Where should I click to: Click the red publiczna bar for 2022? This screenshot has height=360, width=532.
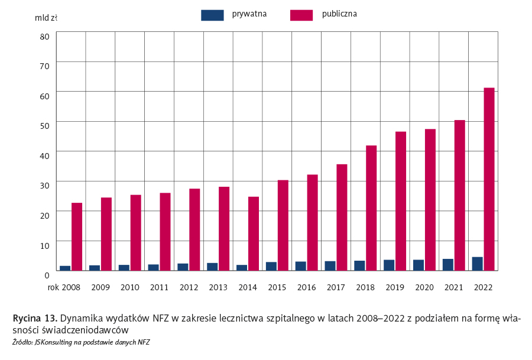pos(489,179)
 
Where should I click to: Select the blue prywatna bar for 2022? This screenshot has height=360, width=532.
pos(477,264)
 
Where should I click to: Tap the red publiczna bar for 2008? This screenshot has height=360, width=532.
pos(77,236)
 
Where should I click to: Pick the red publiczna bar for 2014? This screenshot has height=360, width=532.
pos(253,233)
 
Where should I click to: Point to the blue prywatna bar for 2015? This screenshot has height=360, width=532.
pos(271,266)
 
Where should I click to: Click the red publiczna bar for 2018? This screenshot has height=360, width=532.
pos(371,208)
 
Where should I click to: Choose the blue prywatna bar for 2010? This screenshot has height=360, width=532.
pos(124,267)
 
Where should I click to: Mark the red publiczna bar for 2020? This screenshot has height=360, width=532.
pos(430,200)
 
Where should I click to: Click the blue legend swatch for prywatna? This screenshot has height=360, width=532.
pos(212,15)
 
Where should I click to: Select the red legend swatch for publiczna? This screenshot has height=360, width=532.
pos(301,15)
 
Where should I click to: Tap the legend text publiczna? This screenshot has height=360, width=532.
pos(339,14)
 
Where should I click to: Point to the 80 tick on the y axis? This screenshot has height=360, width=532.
pos(44,36)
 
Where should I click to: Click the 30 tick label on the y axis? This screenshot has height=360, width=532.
pos(44,186)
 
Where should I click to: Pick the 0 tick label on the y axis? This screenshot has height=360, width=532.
pos(47,275)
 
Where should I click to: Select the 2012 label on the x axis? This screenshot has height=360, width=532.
pos(189,287)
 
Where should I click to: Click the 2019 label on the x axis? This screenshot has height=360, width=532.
pos(395,287)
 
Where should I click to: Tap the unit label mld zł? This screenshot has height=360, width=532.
pos(46,18)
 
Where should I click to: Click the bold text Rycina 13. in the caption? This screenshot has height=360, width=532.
pos(35,318)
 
